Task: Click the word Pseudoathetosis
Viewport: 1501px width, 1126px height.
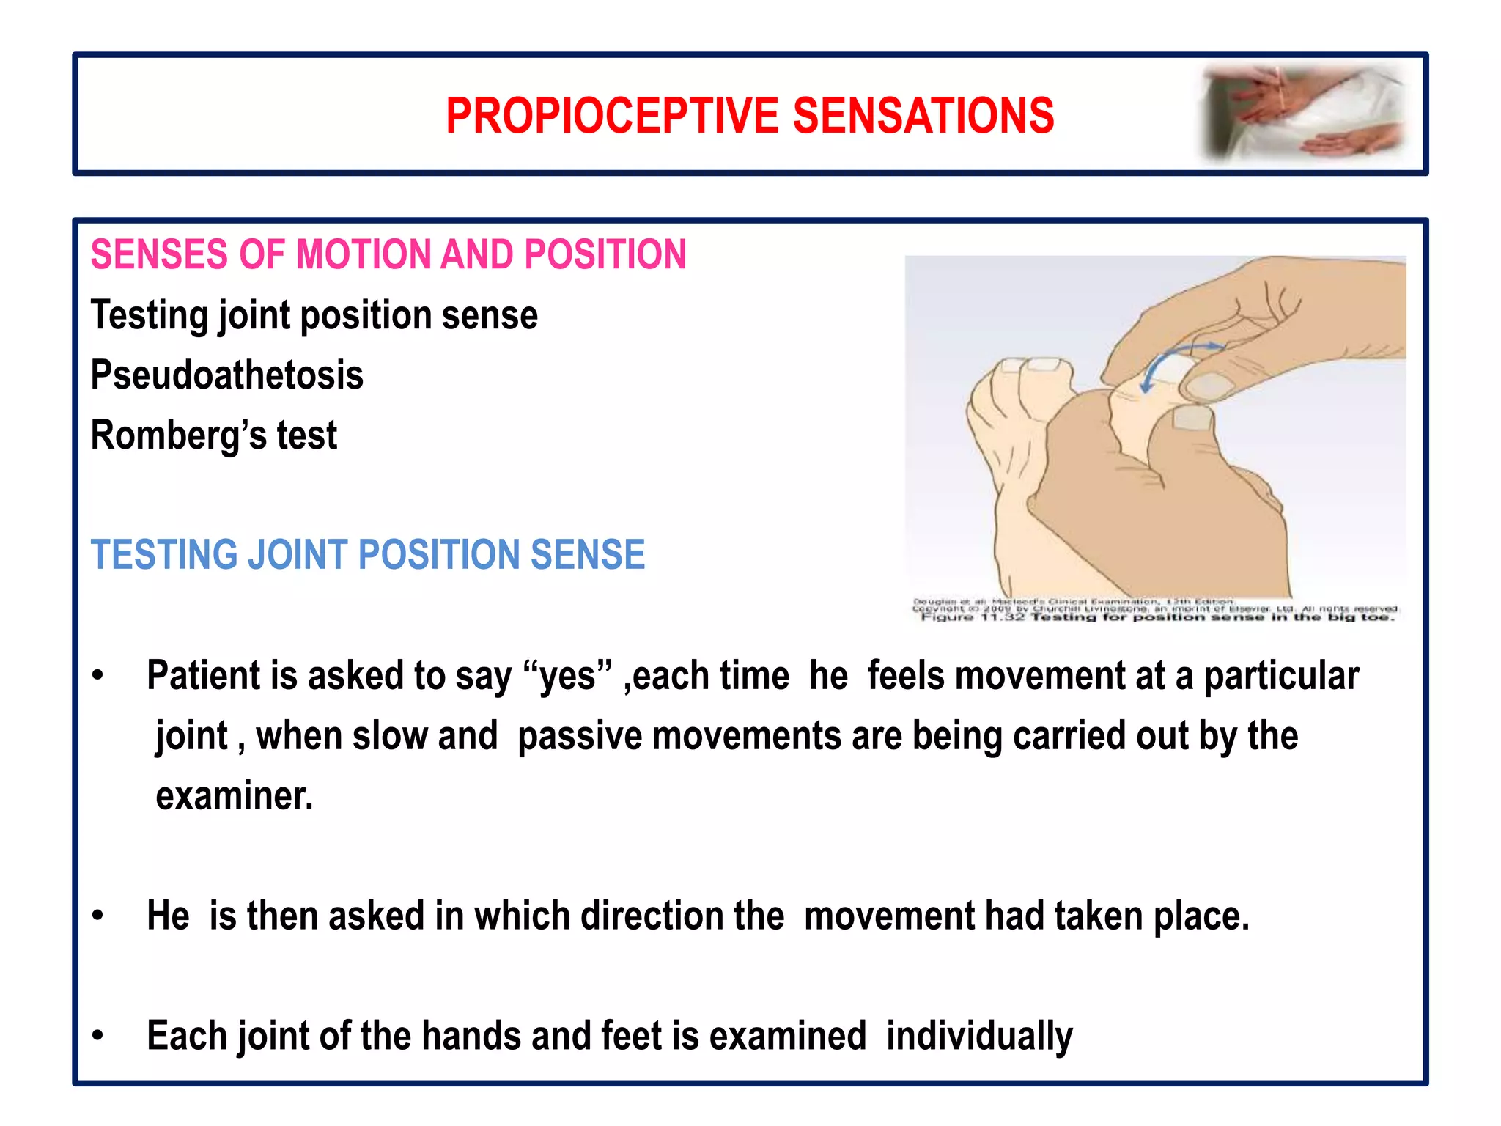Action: pyautogui.click(x=226, y=375)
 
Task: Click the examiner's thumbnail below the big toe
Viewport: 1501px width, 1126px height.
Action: pyautogui.click(x=1192, y=419)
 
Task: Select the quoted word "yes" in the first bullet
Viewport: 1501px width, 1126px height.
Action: pyautogui.click(x=568, y=676)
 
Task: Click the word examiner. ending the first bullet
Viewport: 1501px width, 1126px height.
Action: pyautogui.click(x=234, y=796)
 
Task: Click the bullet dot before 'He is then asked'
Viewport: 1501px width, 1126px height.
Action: pyautogui.click(x=98, y=916)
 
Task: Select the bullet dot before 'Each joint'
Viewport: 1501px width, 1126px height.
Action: pyautogui.click(x=98, y=1036)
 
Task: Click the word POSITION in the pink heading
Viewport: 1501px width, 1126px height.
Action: pyautogui.click(x=605, y=254)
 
